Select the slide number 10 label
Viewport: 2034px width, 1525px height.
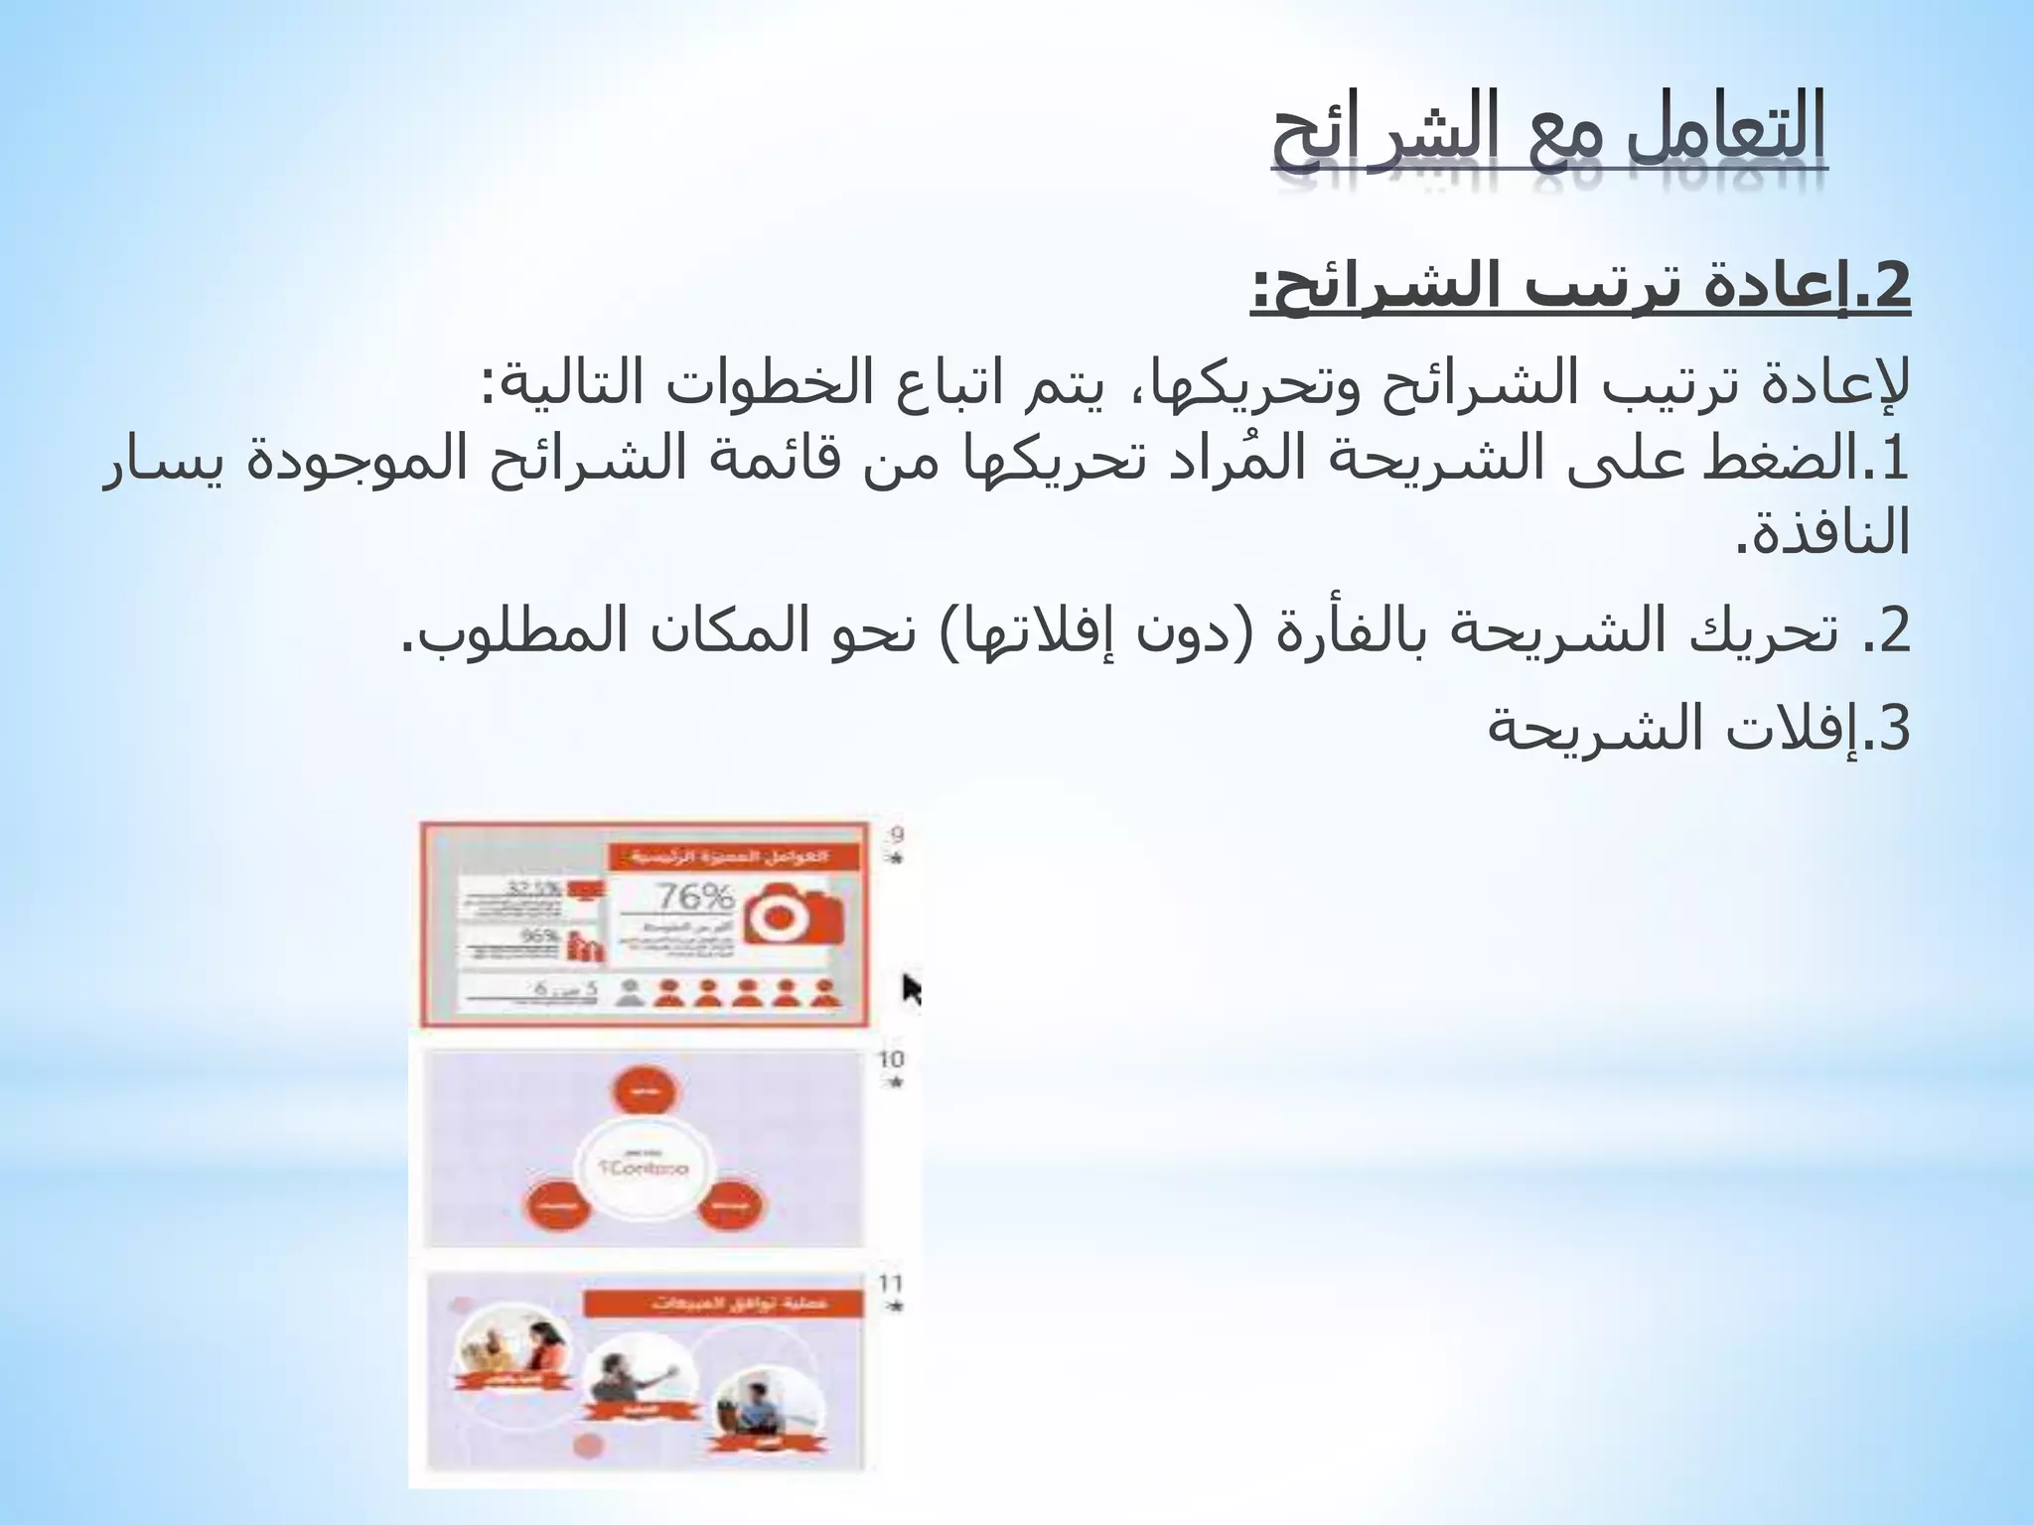891,1059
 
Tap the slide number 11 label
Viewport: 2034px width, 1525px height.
891,1284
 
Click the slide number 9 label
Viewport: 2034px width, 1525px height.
896,835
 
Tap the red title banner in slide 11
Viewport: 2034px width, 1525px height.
722,1304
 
